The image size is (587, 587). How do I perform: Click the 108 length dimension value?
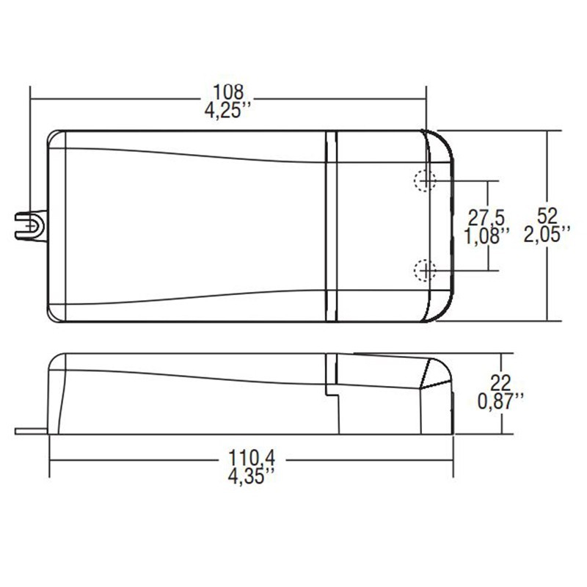coord(227,92)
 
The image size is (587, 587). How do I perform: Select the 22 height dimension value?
coord(501,383)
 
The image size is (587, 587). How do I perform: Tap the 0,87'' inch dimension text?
coord(501,402)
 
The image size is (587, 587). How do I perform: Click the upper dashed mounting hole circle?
coord(423,181)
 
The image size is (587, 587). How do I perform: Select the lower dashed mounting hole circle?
coord(423,271)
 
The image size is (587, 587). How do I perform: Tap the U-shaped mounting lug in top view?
coord(32,224)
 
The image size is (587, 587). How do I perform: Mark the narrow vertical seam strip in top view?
coord(331,226)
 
